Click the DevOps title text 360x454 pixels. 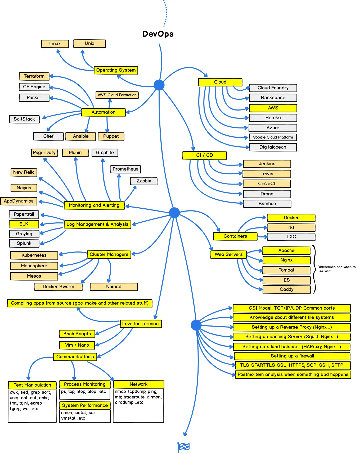coord(158,34)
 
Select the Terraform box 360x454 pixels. coord(34,76)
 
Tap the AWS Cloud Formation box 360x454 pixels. coord(117,95)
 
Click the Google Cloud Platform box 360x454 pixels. coord(273,137)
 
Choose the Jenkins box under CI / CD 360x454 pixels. coord(267,164)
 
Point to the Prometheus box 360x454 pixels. coord(125,169)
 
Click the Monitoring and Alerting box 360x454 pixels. coord(94,205)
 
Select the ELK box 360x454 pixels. coord(24,224)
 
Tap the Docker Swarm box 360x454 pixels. coord(58,287)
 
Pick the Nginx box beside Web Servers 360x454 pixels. coord(286,260)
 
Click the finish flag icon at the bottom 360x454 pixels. coord(184,447)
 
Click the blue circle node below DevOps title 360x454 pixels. coord(159,85)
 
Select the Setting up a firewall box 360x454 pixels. coord(292,356)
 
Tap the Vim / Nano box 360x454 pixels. coord(77,345)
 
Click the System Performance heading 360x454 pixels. coord(85,405)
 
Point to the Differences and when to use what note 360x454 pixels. coord(336,269)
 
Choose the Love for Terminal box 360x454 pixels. coord(141,324)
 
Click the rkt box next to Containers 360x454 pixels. coord(291,227)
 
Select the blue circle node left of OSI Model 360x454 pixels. coord(196,325)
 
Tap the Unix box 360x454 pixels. coord(89,43)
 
